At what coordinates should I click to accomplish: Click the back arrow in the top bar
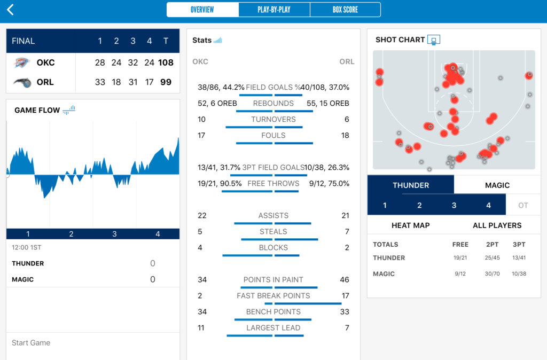10,10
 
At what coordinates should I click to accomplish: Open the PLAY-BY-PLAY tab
274,10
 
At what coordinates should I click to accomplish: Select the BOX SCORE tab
345,10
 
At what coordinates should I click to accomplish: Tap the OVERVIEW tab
202,10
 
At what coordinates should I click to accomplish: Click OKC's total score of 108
166,62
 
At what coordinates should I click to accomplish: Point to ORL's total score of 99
166,82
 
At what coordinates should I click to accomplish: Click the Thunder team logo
22,62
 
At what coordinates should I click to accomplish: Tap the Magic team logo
22,82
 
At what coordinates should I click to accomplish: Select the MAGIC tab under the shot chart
497,185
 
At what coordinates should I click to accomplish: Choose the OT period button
523,205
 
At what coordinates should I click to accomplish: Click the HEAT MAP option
410,225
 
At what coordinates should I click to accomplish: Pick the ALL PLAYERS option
497,225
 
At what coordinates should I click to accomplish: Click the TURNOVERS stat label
273,119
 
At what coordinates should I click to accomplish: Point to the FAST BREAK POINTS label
273,295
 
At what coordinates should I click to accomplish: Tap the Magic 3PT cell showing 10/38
518,274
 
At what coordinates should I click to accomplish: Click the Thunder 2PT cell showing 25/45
493,258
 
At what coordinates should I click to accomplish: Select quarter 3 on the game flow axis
114,234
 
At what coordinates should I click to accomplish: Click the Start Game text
31,343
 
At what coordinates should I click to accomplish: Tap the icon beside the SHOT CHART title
434,40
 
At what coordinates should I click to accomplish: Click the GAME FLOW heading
37,110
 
